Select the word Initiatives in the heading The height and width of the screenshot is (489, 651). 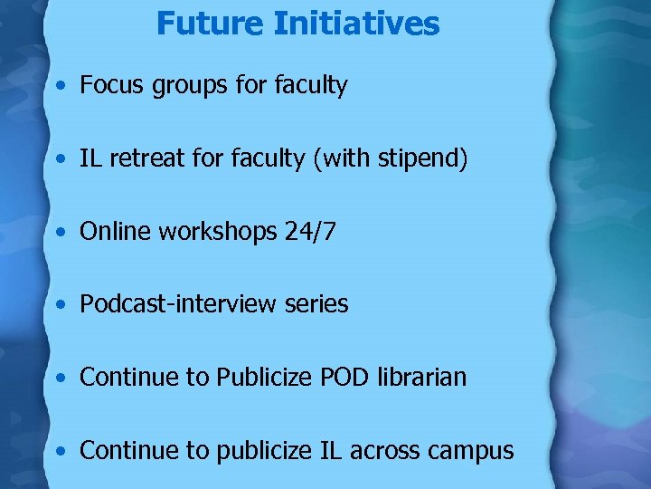354,24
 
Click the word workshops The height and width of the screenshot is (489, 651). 214,233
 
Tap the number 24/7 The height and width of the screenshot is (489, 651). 309,233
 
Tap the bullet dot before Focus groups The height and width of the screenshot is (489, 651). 59,88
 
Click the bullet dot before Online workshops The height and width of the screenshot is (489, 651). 59,234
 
